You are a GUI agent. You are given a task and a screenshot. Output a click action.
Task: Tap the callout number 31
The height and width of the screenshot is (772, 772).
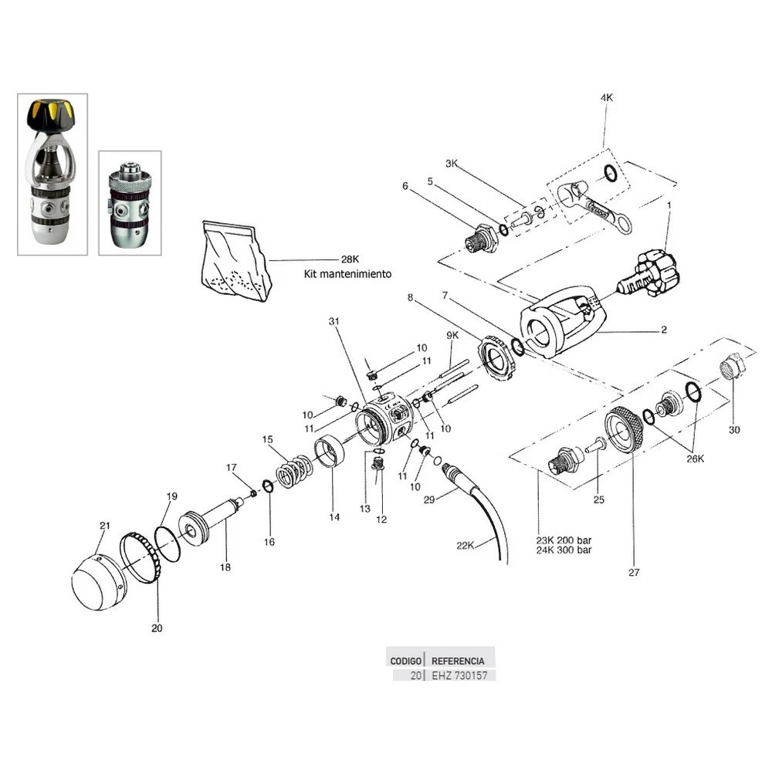[x=334, y=320]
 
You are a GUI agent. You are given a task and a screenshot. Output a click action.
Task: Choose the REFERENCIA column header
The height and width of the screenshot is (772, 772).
[x=458, y=661]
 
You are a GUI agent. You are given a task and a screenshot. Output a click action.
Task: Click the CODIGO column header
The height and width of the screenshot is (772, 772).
[x=406, y=661]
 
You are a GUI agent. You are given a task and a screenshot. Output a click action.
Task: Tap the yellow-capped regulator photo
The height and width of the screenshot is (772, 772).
[x=52, y=174]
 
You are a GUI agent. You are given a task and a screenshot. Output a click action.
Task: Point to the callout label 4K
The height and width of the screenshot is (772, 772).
[x=606, y=98]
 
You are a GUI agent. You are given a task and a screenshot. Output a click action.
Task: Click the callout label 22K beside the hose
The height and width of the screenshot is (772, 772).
[x=466, y=545]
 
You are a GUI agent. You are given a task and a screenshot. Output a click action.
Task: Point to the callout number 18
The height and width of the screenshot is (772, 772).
[x=225, y=567]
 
